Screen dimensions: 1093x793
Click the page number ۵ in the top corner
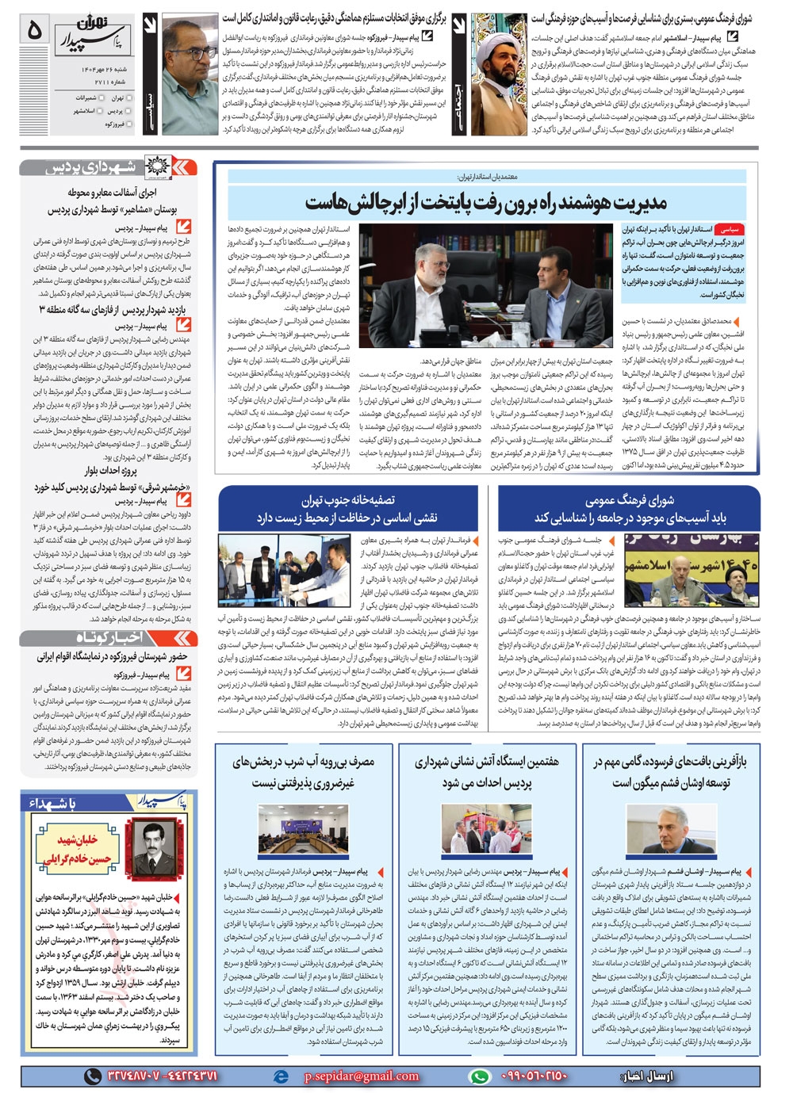pos(33,30)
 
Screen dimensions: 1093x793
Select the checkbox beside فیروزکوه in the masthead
pos(128,124)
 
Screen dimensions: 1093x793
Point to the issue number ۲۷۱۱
pos(104,82)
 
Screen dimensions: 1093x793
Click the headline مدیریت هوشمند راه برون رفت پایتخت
pos(485,202)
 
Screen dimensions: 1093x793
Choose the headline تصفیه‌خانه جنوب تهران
pos(347,500)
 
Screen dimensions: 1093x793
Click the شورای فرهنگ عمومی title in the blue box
pos(629,501)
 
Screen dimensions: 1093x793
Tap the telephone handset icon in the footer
pos(93,1076)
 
